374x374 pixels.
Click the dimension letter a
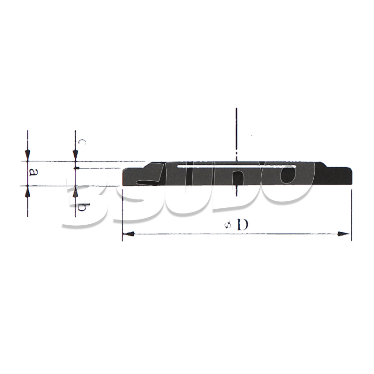[33, 172]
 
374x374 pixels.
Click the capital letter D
[243, 225]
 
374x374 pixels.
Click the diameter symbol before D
[228, 225]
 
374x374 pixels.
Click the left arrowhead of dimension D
[128, 234]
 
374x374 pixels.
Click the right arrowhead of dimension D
[344, 234]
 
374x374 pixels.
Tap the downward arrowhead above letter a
[27, 155]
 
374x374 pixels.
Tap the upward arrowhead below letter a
[27, 191]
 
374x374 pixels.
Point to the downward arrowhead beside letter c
[75, 155]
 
